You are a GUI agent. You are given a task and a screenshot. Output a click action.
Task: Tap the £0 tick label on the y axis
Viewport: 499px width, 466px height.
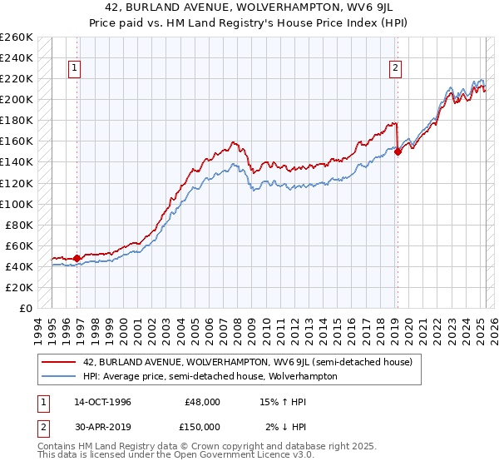pyautogui.click(x=25, y=309)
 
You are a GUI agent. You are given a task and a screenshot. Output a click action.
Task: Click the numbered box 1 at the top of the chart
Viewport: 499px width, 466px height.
pyautogui.click(x=75, y=68)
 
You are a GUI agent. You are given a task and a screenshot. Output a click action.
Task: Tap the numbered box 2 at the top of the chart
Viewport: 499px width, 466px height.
pyautogui.click(x=395, y=68)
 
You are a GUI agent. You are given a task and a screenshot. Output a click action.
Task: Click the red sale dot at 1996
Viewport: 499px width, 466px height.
pyautogui.click(x=77, y=258)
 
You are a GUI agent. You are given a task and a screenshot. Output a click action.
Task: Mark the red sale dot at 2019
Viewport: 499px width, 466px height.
pyautogui.click(x=398, y=151)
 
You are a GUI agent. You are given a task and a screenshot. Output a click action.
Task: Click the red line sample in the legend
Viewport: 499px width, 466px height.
pyautogui.click(x=59, y=362)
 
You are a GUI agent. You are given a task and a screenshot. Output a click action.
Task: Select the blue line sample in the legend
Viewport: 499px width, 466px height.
pyautogui.click(x=59, y=376)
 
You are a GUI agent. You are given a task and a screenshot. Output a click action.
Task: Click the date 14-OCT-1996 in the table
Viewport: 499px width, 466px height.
pyautogui.click(x=102, y=402)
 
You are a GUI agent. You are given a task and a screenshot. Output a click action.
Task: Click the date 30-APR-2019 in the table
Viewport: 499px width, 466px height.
pyautogui.click(x=102, y=427)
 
